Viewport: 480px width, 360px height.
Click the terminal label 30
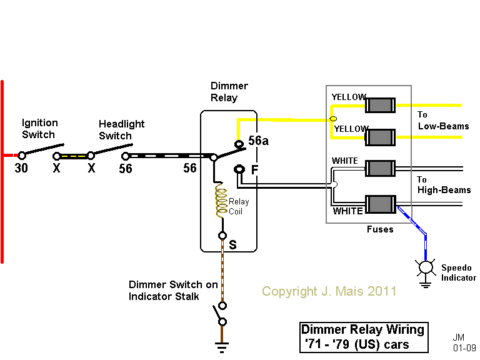tap(21, 168)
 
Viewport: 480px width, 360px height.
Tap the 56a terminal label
tap(258, 141)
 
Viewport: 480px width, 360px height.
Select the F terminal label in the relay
tap(254, 169)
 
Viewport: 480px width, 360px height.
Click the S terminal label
tap(232, 244)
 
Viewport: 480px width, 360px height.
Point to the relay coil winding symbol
tap(221, 201)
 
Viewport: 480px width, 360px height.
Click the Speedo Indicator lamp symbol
tap(426, 267)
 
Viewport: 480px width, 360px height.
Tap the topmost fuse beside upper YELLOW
tap(380, 104)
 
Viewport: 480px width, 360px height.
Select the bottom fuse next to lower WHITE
tap(380, 204)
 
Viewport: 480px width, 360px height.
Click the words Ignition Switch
tap(40, 129)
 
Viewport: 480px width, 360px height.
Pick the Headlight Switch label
tap(121, 130)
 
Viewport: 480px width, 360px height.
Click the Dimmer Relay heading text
tap(229, 92)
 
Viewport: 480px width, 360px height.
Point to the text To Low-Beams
tap(442, 121)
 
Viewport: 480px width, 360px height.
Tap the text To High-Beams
tap(444, 184)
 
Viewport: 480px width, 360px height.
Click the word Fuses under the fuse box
tap(380, 229)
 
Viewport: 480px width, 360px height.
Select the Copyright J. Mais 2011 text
tap(329, 291)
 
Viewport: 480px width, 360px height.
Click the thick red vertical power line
tap(2, 172)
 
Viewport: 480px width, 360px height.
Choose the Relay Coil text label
tap(239, 206)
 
